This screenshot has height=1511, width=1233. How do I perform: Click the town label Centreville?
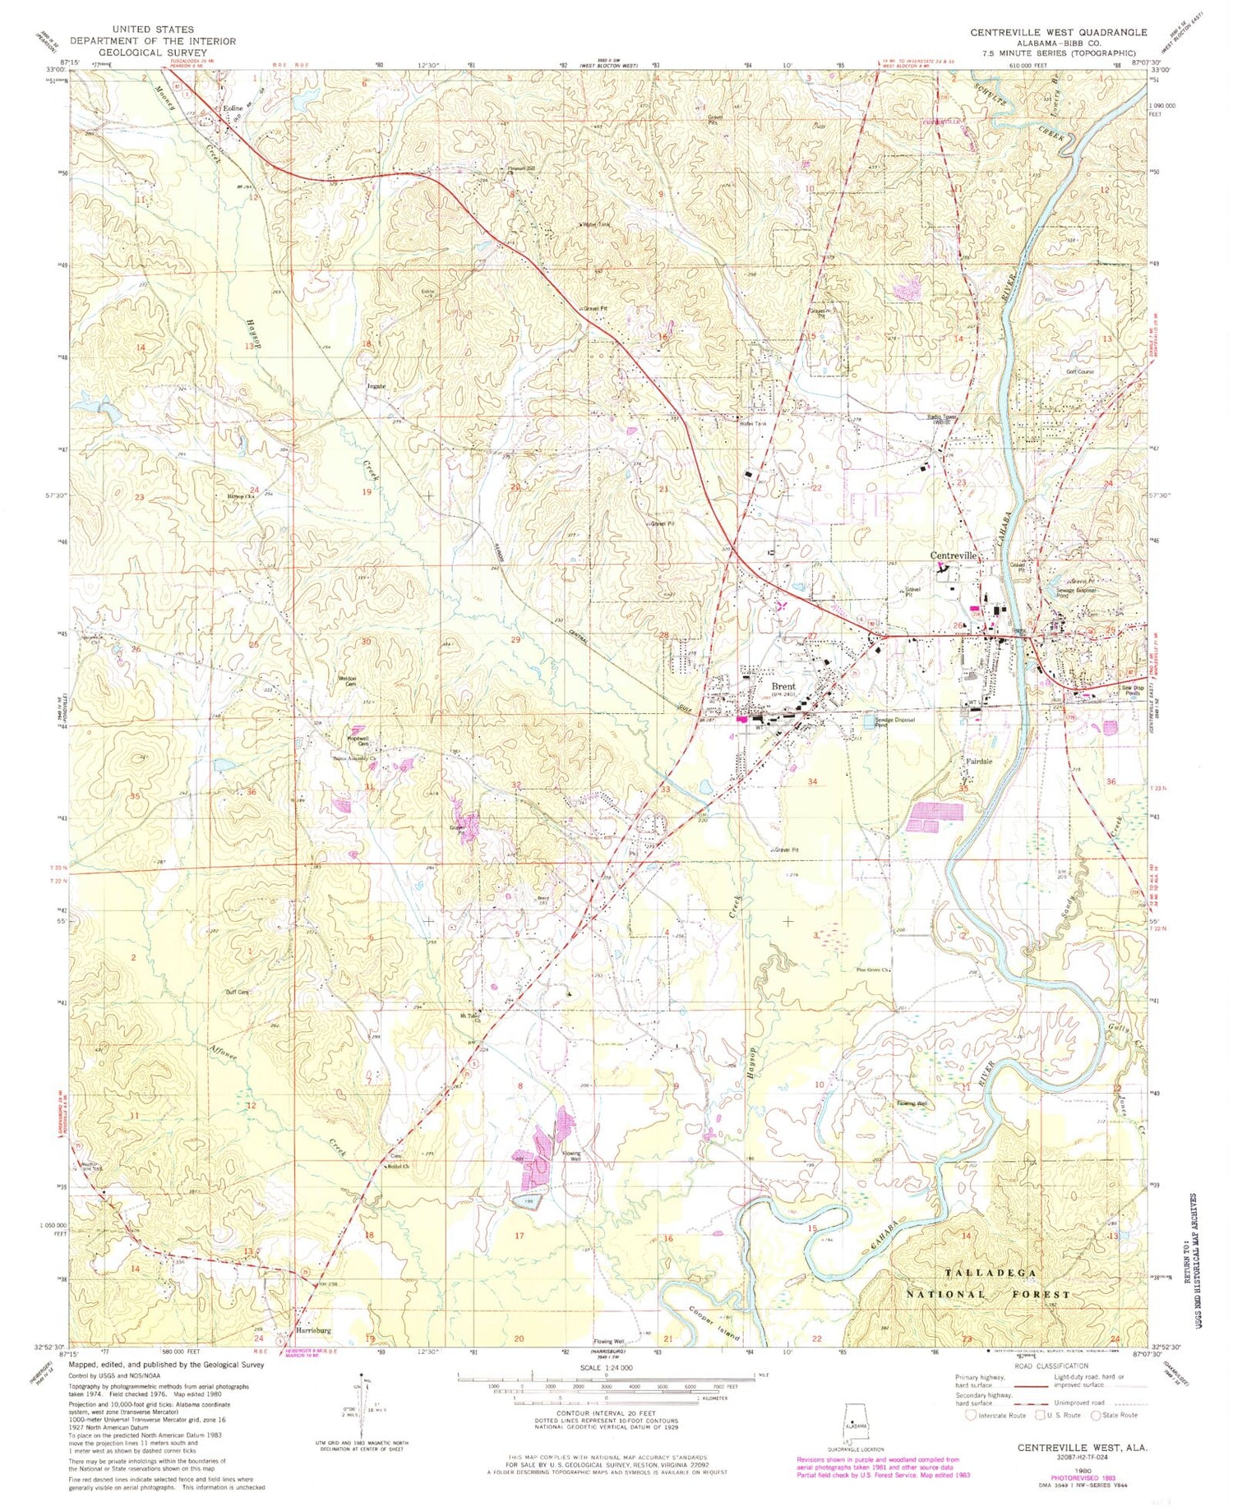pyautogui.click(x=954, y=555)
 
